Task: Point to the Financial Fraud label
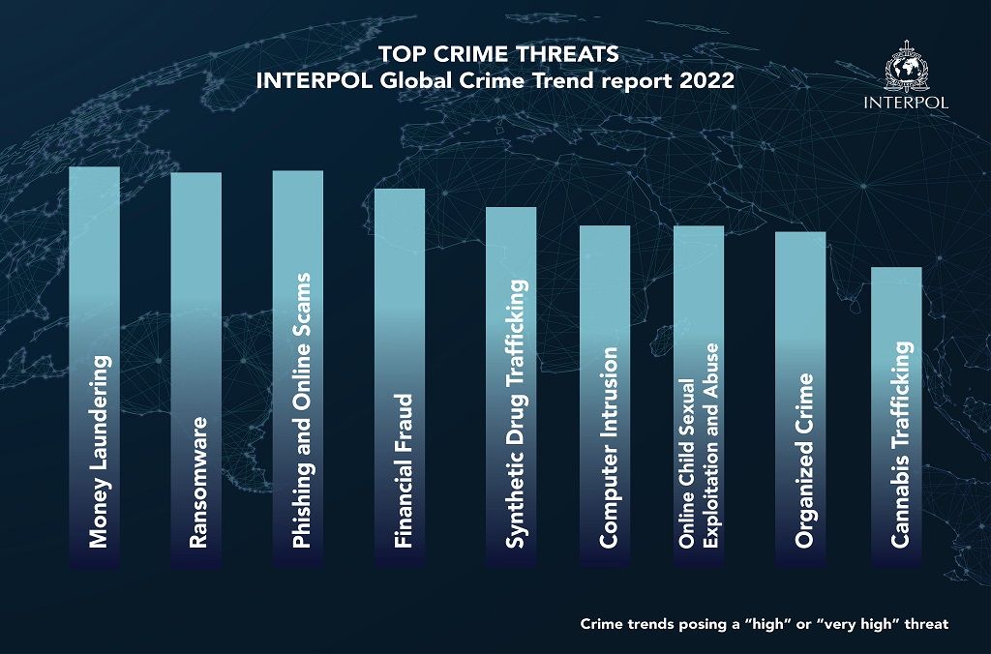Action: click(x=404, y=471)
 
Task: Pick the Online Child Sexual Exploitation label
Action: click(x=699, y=447)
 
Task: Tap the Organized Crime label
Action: click(x=804, y=461)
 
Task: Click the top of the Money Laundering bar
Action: click(x=94, y=169)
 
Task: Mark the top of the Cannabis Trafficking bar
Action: click(x=896, y=269)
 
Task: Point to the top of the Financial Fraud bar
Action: click(x=400, y=191)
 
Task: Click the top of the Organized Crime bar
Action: click(x=800, y=234)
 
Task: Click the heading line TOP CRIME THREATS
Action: click(x=495, y=53)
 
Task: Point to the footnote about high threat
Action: click(x=765, y=624)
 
